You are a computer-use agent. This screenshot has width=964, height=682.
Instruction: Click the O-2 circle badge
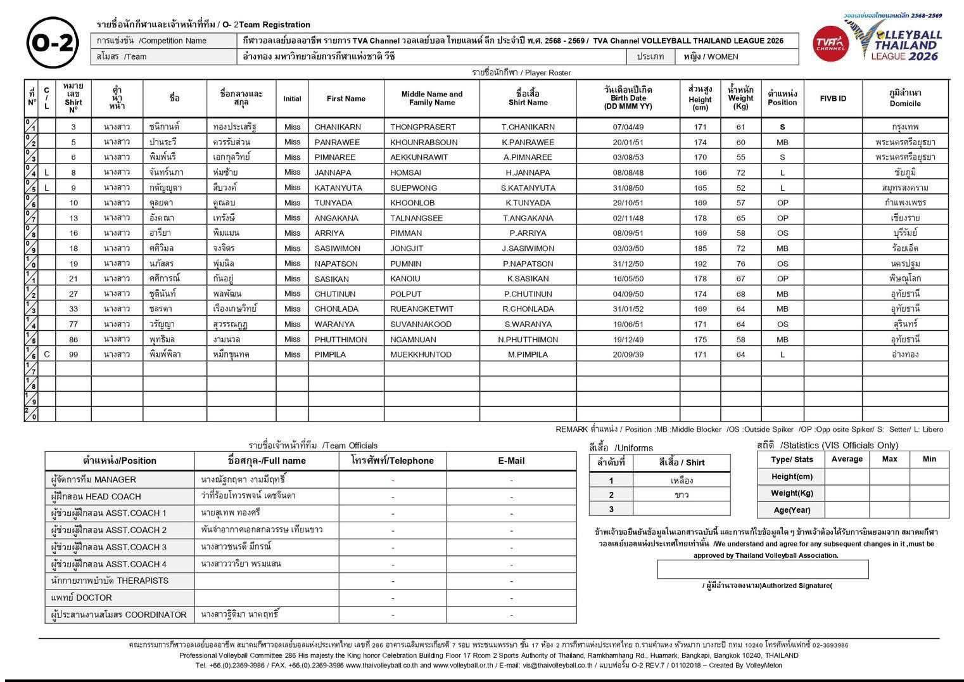point(53,43)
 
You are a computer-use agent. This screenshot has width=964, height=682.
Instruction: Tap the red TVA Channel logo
point(830,43)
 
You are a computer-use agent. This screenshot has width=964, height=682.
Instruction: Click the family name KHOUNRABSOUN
point(424,142)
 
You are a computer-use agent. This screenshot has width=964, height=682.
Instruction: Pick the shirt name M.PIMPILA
point(528,354)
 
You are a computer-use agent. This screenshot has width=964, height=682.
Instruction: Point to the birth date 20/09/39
point(628,354)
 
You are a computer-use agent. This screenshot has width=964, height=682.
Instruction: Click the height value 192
point(700,264)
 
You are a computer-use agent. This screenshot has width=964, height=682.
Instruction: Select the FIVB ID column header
point(832,99)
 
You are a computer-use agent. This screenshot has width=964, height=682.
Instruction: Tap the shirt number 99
point(73,354)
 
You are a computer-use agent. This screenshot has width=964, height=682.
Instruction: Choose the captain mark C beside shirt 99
point(47,354)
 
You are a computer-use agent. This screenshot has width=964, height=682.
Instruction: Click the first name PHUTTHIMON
point(341,339)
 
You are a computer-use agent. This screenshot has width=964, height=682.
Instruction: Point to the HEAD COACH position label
point(96,496)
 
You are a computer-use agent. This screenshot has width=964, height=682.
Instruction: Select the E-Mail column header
point(511,461)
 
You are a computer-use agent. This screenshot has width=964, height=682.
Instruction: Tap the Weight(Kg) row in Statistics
point(792,493)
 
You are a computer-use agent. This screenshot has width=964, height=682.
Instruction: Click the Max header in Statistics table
point(889,459)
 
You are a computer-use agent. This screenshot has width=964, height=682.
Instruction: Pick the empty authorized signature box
point(763,569)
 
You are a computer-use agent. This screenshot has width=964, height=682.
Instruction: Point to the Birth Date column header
point(628,98)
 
